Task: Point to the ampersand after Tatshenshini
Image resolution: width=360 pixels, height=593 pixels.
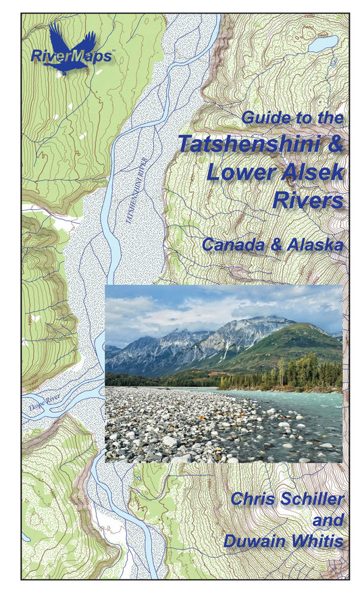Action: (333, 143)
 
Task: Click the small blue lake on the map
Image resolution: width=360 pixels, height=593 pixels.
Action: (323, 44)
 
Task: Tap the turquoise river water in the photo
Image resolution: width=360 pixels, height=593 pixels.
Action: (311, 412)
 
